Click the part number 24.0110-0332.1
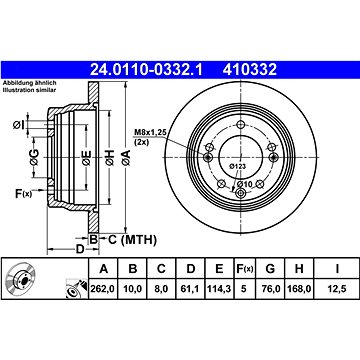pyautogui.click(x=146, y=70)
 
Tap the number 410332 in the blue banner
pyautogui.click(x=250, y=70)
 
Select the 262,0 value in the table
pyautogui.click(x=102, y=289)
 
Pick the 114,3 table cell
pyautogui.click(x=219, y=289)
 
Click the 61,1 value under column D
pyautogui.click(x=190, y=289)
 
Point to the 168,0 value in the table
pyautogui.click(x=299, y=289)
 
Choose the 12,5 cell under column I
pyautogui.click(x=337, y=289)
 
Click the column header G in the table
pyautogui.click(x=270, y=269)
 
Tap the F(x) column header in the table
pyautogui.click(x=244, y=269)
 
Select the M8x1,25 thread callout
pyautogui.click(x=149, y=133)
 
